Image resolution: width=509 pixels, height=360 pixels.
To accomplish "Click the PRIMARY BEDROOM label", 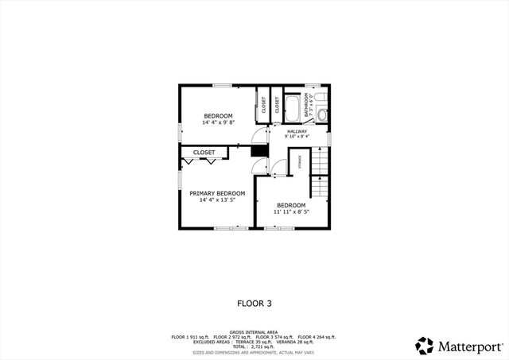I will tap(217, 193).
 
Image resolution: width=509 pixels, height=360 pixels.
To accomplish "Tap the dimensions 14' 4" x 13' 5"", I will tap(217, 200).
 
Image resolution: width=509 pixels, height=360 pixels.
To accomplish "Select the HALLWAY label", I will tap(297, 131).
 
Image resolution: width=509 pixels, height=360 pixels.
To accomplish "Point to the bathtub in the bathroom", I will tap(292, 106).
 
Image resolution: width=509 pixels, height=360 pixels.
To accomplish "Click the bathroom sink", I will tap(322, 114).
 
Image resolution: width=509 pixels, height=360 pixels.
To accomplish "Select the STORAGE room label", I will tap(300, 162).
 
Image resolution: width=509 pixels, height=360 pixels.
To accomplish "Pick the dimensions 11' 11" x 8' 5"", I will tap(290, 212).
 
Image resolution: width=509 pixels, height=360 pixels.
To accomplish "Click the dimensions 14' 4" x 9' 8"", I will tap(218, 123).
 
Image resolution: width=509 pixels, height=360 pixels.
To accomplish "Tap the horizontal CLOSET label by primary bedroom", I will tap(204, 152).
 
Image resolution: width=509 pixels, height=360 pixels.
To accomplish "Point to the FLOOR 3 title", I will tap(254, 303).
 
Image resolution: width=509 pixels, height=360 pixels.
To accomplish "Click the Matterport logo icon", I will tap(425, 346).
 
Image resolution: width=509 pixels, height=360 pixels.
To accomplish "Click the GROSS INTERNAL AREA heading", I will tap(254, 331).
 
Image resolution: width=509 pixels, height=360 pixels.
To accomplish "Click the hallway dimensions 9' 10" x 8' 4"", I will tap(297, 137).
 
